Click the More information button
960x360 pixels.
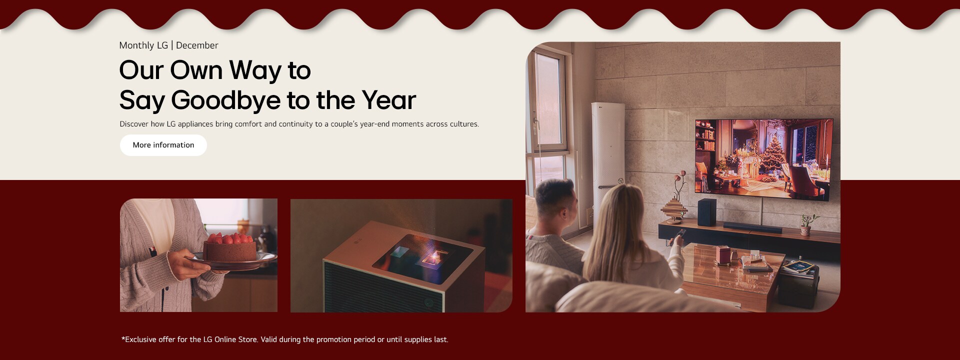(x=163, y=145)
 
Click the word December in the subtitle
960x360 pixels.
(x=197, y=45)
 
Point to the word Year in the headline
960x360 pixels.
(x=388, y=100)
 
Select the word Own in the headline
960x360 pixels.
(x=196, y=70)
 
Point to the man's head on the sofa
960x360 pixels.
(x=555, y=200)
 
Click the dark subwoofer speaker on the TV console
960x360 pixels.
(x=706, y=212)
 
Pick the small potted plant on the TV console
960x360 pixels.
(x=805, y=226)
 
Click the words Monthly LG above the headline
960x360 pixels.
(x=143, y=45)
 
